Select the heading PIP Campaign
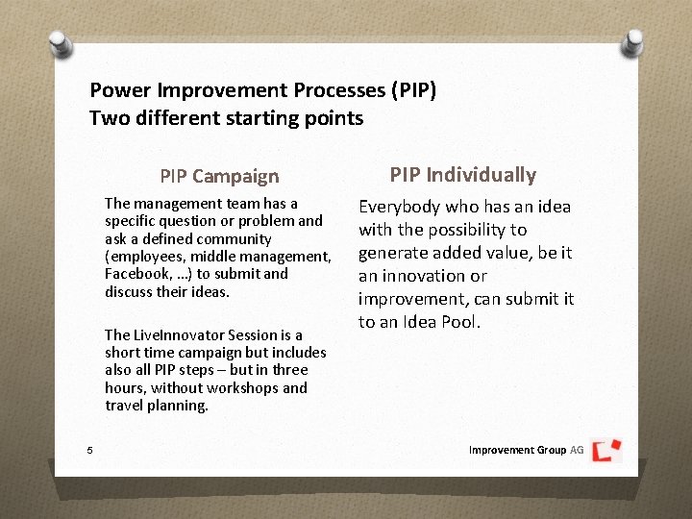(x=219, y=176)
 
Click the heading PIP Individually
(x=462, y=174)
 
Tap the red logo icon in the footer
(x=605, y=450)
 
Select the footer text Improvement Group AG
(x=526, y=450)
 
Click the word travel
(x=124, y=405)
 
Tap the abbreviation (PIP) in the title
(x=413, y=91)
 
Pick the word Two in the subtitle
(x=106, y=118)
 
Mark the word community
(x=236, y=238)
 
